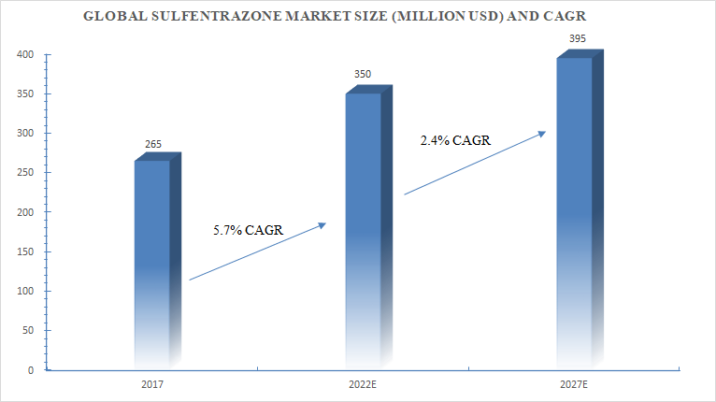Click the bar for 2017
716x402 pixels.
[x=154, y=262]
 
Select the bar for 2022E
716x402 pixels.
[x=365, y=229]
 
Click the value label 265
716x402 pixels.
[x=153, y=144]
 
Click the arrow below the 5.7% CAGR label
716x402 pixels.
[x=257, y=251]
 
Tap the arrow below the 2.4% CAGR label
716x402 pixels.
[x=474, y=163]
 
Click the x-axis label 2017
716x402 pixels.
[x=154, y=384]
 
